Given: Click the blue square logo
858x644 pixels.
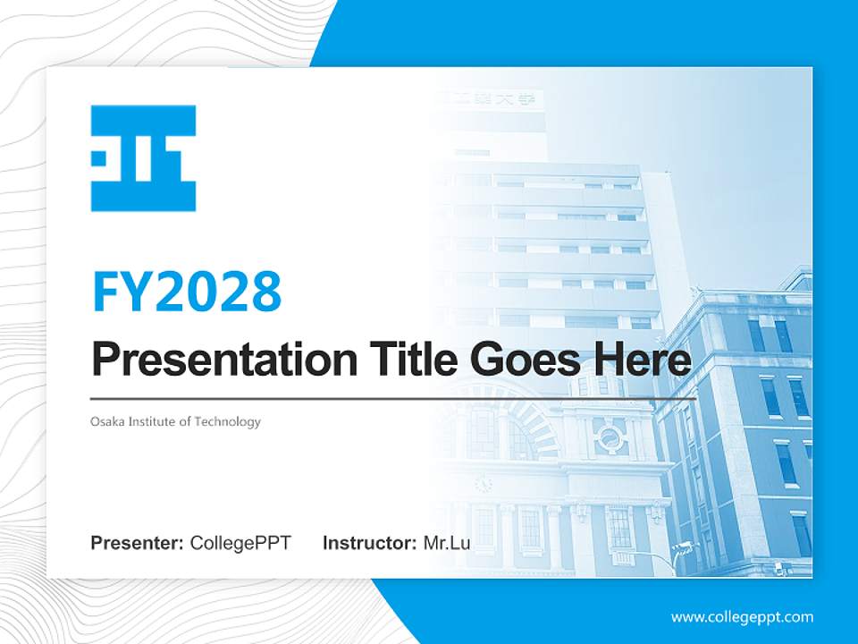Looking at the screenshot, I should (x=143, y=158).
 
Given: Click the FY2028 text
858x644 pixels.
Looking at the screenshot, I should (x=187, y=291).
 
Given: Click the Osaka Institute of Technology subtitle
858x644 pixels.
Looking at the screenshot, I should (x=175, y=421).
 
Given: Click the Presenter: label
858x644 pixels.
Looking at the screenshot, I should (x=138, y=543).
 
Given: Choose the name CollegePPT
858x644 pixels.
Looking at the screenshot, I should (x=240, y=543).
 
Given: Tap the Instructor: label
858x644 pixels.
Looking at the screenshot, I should (x=369, y=543).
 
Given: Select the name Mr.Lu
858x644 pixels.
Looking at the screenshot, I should (x=446, y=543).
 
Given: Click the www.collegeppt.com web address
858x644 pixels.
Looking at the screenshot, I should (x=742, y=616).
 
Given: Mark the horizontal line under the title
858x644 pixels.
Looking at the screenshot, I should (x=393, y=398).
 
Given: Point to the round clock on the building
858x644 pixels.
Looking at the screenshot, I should (x=484, y=483).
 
